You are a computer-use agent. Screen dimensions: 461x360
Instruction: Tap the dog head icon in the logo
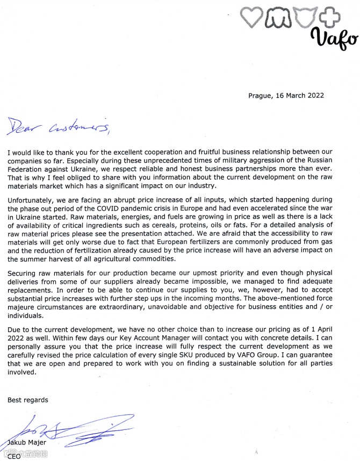click(278, 18)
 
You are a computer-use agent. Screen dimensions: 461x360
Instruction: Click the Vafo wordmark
click(335, 39)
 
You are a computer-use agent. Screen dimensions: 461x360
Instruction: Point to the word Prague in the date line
click(260, 96)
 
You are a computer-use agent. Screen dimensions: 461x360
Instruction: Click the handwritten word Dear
click(22, 126)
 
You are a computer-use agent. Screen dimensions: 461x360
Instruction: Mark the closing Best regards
click(27, 400)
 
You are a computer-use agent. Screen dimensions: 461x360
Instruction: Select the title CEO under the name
click(13, 456)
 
